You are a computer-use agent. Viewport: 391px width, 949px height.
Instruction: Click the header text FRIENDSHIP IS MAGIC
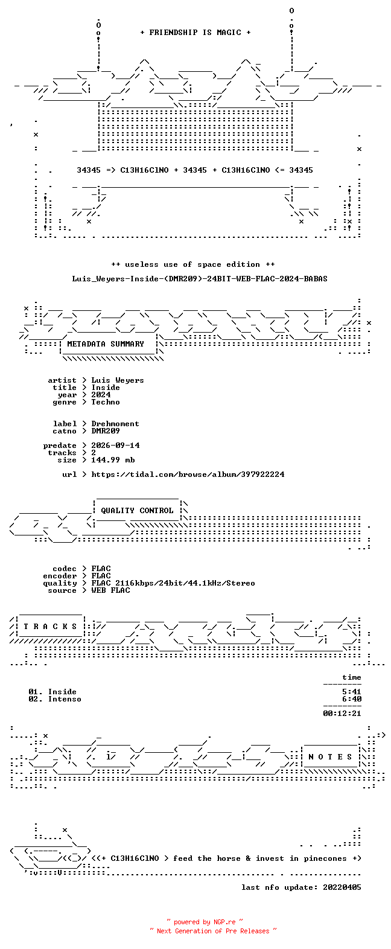(x=195, y=33)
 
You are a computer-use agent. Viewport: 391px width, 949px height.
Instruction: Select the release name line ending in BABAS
(x=200, y=279)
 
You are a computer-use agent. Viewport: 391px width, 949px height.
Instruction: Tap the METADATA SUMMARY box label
(x=106, y=344)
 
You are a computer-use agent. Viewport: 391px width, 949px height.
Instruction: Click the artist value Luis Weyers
(x=117, y=380)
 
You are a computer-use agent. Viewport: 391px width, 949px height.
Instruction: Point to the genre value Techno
(x=106, y=402)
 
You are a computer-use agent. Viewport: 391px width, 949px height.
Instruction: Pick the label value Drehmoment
(x=115, y=424)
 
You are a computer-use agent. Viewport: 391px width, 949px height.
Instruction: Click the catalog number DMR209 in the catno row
(x=106, y=431)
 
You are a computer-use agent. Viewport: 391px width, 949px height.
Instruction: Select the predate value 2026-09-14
(x=115, y=446)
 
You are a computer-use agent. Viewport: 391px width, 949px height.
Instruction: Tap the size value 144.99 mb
(x=113, y=459)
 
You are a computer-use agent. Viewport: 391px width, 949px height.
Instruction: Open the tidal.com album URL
(x=188, y=474)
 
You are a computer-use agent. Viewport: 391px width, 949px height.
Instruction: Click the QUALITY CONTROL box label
(x=137, y=511)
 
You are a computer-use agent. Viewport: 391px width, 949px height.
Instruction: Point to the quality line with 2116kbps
(x=173, y=583)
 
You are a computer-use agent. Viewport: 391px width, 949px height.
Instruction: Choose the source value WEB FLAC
(x=110, y=590)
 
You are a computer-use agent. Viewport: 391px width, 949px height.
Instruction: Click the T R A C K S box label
(x=50, y=627)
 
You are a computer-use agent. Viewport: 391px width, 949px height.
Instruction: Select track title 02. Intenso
(x=55, y=700)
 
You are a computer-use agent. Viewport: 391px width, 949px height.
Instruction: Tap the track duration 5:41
(x=352, y=692)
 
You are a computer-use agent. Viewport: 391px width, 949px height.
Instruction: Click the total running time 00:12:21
(x=342, y=714)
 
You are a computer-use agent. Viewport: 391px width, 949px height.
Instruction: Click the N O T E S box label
(x=330, y=757)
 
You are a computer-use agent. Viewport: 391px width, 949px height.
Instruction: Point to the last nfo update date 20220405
(x=342, y=887)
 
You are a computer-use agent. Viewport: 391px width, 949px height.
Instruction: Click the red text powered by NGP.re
(x=205, y=922)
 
